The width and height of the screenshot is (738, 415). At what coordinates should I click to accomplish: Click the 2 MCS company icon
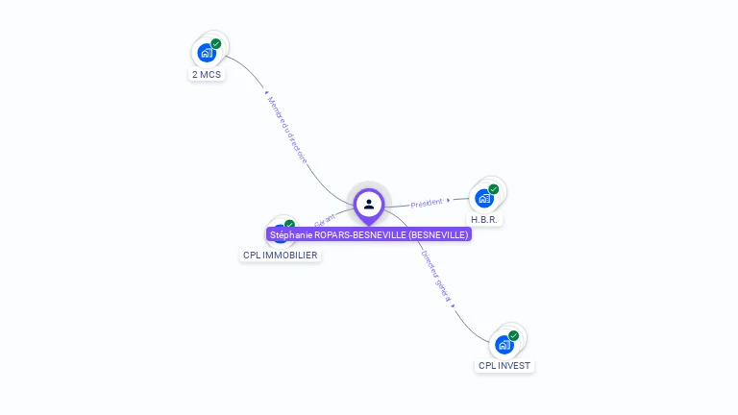click(207, 53)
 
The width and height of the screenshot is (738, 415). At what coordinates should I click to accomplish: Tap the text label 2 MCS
click(207, 74)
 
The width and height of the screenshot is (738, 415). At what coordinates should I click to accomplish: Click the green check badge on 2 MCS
click(216, 44)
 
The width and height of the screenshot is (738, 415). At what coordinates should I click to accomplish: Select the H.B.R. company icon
click(484, 198)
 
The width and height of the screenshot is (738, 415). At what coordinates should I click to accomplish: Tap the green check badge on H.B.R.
click(494, 189)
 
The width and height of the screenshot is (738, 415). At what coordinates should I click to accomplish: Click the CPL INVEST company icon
click(504, 344)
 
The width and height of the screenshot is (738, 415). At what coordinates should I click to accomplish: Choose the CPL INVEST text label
click(504, 366)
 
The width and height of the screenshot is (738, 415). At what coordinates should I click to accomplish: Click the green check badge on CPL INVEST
click(514, 335)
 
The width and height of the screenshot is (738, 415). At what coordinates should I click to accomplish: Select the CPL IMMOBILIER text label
click(280, 256)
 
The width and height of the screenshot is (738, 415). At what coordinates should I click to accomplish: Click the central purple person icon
click(369, 204)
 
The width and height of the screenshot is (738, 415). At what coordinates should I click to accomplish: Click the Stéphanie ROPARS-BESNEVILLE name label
click(369, 234)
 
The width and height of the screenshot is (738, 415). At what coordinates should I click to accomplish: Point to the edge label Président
click(427, 203)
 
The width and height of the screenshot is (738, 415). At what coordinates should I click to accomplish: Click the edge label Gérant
click(324, 220)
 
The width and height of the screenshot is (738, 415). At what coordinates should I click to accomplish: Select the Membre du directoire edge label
click(287, 129)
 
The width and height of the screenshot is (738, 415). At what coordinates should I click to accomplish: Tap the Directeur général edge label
click(435, 275)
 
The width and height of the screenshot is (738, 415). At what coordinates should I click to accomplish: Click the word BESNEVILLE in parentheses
click(437, 234)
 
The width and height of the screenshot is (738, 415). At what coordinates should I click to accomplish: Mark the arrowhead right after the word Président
click(449, 200)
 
